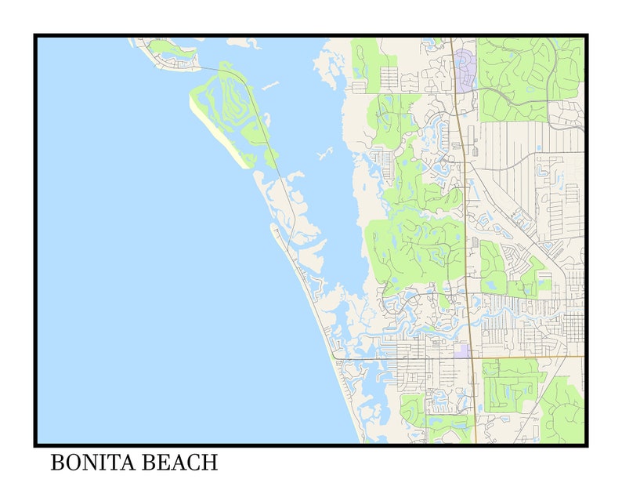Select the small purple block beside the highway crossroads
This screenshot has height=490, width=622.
pyautogui.click(x=462, y=350)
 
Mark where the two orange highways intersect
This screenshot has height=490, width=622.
pyautogui.click(x=472, y=358)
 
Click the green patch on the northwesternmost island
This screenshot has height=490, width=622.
pyautogui.click(x=167, y=49)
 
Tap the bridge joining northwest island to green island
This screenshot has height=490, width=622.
pyautogui.click(x=205, y=68)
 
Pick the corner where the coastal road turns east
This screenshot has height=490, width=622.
pyautogui.click(x=335, y=358)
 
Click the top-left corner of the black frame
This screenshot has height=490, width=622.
pyautogui.click(x=36, y=36)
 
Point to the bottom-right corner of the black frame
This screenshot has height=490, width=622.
pyautogui.click(x=585, y=444)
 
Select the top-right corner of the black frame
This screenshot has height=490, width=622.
pyautogui.click(x=585, y=36)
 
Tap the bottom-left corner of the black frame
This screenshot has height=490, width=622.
pyautogui.click(x=36, y=444)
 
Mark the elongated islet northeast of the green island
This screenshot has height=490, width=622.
pyautogui.click(x=271, y=85)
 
